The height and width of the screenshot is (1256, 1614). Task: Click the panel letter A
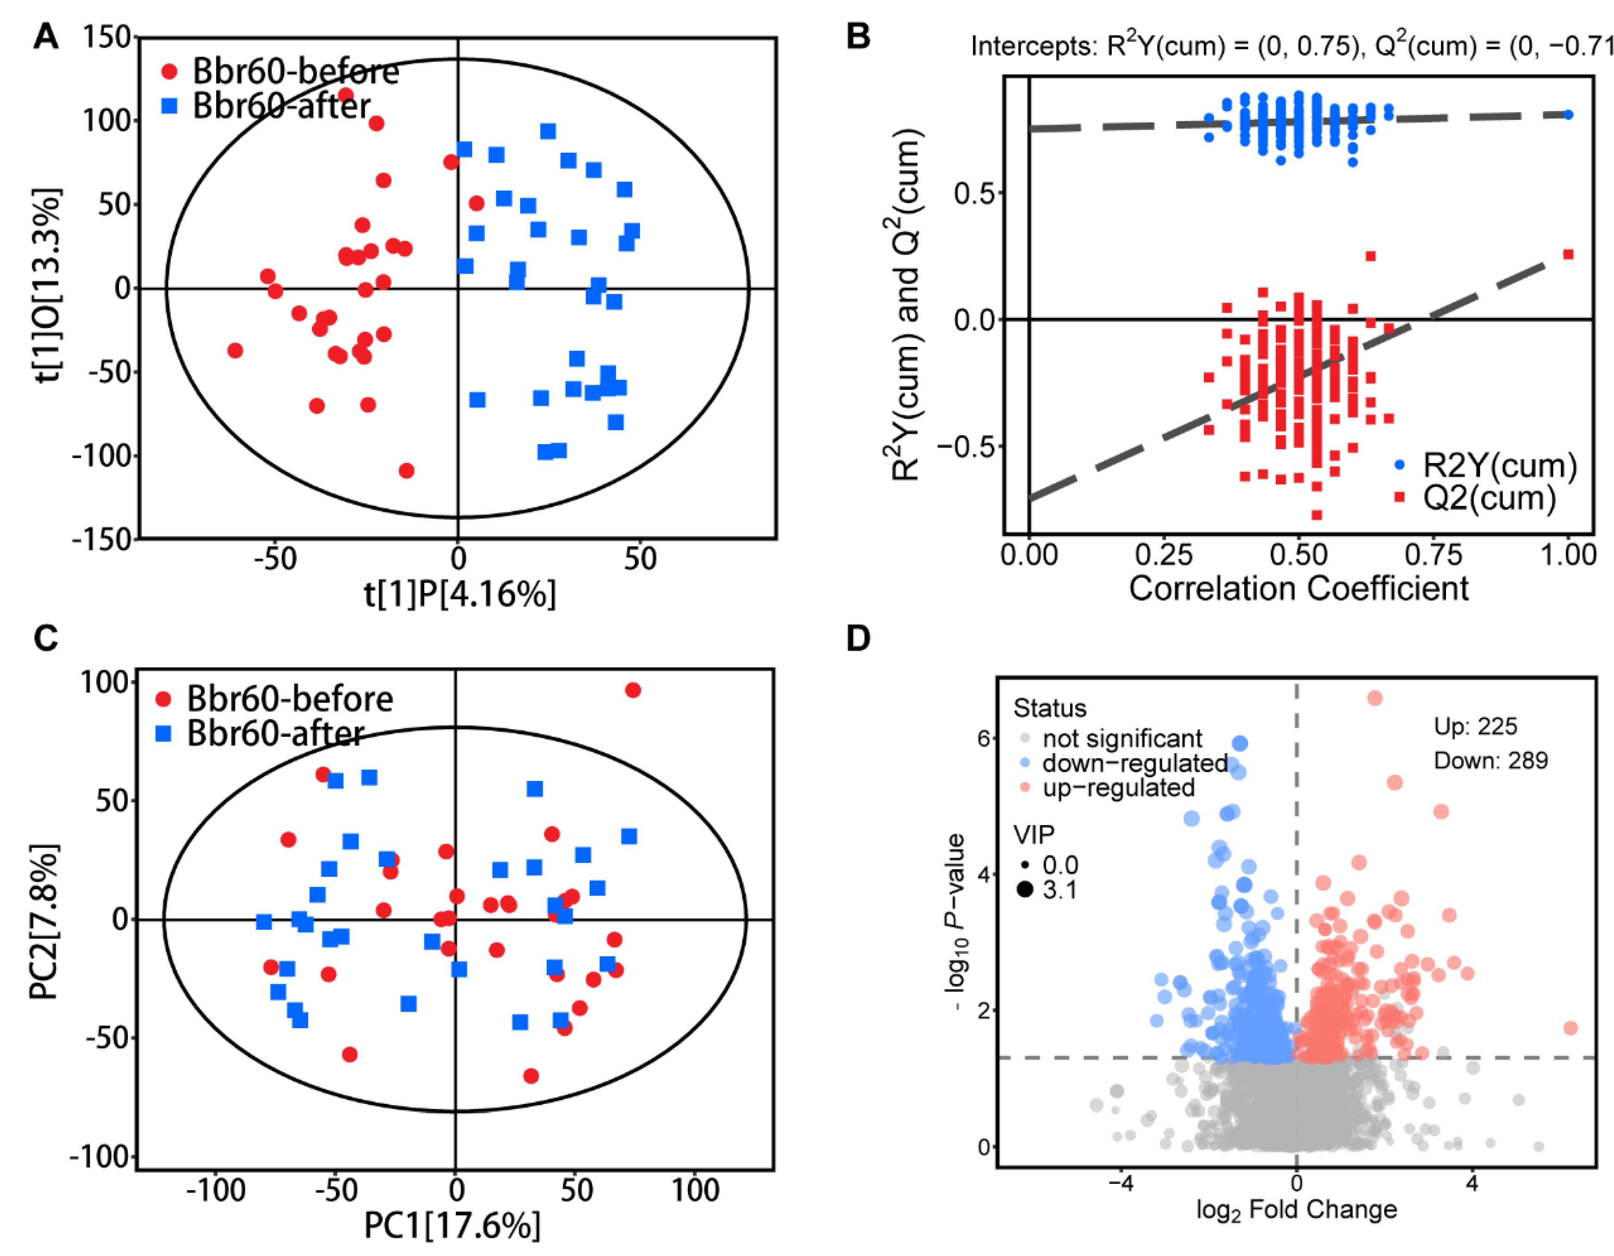tap(46, 36)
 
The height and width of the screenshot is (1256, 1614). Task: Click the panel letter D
tap(858, 637)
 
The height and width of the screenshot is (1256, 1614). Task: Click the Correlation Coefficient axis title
tap(1298, 589)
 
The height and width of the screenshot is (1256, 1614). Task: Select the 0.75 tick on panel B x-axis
tap(1433, 555)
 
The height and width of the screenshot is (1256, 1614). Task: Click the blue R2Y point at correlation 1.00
tap(1568, 115)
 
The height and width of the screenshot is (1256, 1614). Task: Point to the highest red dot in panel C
tap(633, 690)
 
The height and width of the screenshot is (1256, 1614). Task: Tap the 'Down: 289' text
tap(1490, 760)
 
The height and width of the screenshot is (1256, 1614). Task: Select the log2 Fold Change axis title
tap(1296, 1209)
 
